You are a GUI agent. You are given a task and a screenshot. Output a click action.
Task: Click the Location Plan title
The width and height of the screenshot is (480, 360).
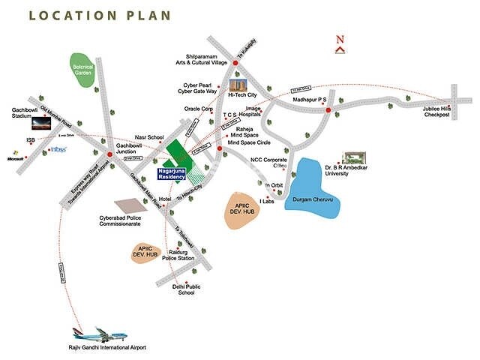pyautogui.click(x=100, y=16)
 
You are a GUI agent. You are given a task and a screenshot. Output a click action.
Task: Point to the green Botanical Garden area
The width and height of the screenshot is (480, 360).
pyautogui.click(x=82, y=70)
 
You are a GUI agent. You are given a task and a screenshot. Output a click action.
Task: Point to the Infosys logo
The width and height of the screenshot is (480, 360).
pyautogui.click(x=58, y=149)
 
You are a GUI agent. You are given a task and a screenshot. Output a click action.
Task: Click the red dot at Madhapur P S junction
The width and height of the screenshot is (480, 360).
pyautogui.click(x=328, y=111)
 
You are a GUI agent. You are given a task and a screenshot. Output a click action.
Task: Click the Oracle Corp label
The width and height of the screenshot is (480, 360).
pyautogui.click(x=199, y=109)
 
